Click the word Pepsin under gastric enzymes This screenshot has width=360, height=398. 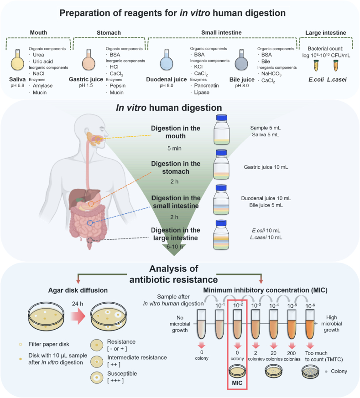pyautogui.click(x=117, y=86)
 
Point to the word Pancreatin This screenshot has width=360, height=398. pyautogui.click(x=206, y=86)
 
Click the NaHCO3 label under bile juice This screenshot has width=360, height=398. pyautogui.click(x=271, y=74)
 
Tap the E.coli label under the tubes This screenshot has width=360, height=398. pyautogui.click(x=316, y=80)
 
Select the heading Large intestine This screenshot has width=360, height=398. pyautogui.click(x=325, y=33)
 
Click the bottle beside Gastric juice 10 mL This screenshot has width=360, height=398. pyautogui.click(x=221, y=165)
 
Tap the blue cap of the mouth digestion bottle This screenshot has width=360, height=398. pyautogui.click(x=221, y=118)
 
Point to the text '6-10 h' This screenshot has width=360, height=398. pyautogui.click(x=175, y=247)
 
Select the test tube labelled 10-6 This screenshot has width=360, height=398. pyautogui.click(x=310, y=325)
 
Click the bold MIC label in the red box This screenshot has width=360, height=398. pyautogui.click(x=237, y=382)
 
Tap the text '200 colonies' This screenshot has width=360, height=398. pyautogui.click(x=292, y=356)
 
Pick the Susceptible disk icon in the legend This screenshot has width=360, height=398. pyautogui.click(x=97, y=377)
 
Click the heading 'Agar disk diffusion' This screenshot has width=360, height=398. pyautogui.click(x=78, y=290)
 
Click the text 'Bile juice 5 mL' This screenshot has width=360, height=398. pyautogui.click(x=266, y=205)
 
